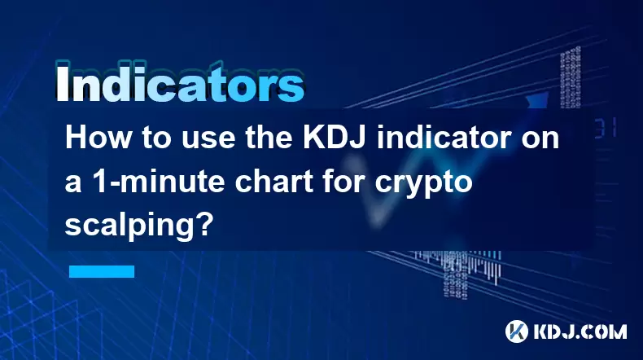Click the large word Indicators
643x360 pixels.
180,82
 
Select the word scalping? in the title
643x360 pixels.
139,226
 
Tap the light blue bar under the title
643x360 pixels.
102,271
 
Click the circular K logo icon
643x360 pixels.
517,331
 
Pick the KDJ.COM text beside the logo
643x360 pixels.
580,331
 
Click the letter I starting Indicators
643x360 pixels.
62,83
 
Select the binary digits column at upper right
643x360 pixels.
570,78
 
